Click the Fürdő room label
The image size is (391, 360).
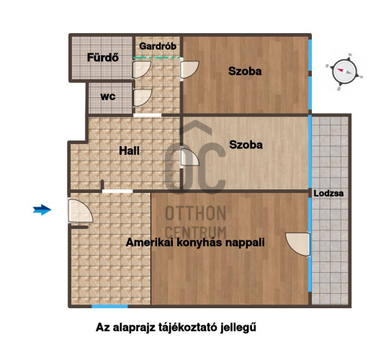tap(103, 58)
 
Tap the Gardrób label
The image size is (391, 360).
tap(158, 46)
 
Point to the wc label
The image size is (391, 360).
tap(108, 96)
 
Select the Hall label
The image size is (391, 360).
tap(129, 150)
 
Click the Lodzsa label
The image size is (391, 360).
tap(328, 193)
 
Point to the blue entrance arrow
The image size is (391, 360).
tap(42, 210)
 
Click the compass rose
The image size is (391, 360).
tap(344, 71)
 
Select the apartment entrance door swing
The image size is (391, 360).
tap(81, 210)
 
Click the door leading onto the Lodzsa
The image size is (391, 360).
tap(297, 244)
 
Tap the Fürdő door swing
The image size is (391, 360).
tap(142, 70)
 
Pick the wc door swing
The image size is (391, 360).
tap(143, 98)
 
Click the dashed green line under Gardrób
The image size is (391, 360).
tap(158, 58)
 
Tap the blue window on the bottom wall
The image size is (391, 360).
tap(109, 306)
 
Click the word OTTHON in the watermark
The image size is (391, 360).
tap(196, 213)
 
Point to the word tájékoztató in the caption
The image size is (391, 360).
tap(188, 328)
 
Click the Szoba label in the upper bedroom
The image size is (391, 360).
tap(245, 71)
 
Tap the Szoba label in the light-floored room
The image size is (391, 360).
tap(246, 145)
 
